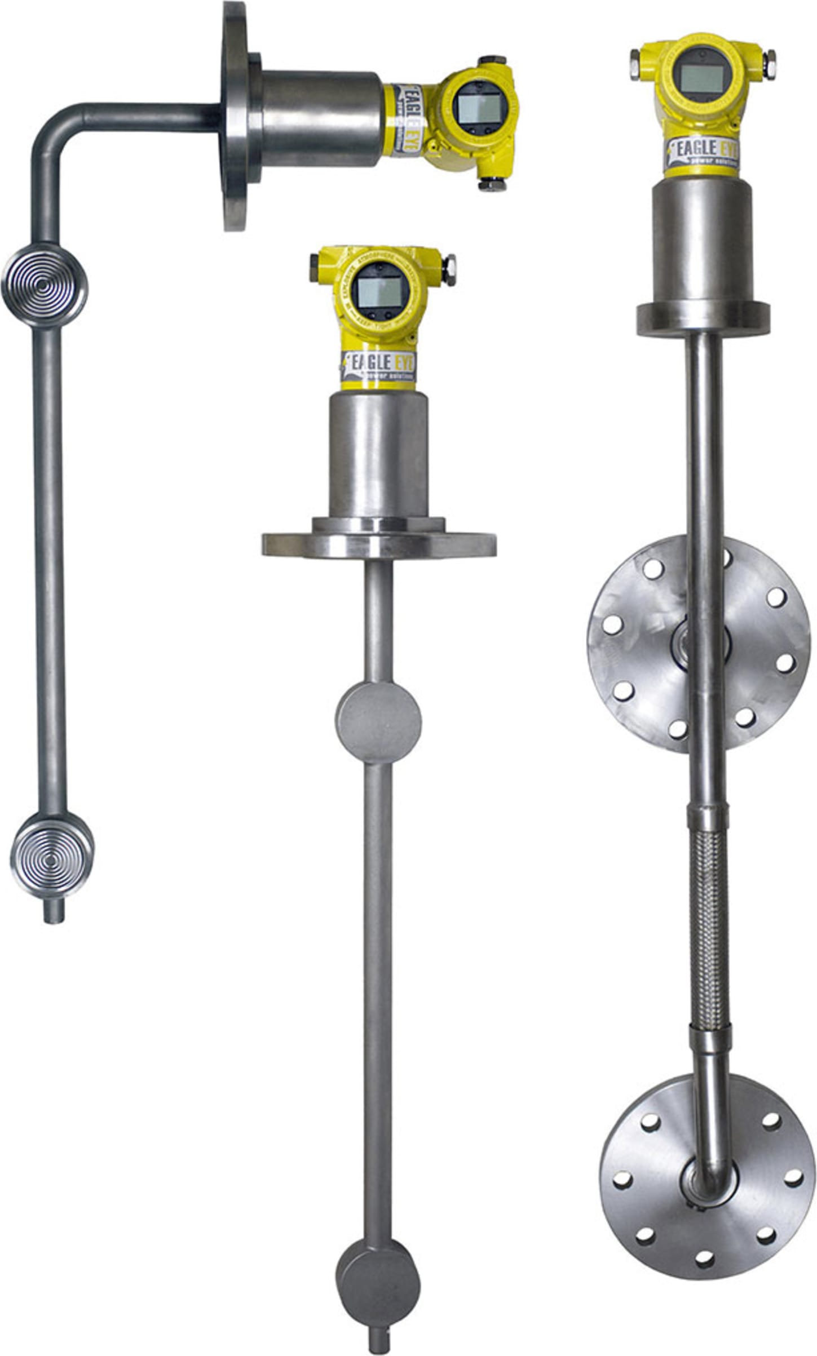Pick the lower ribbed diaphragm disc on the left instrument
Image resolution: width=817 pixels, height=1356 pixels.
[51, 858]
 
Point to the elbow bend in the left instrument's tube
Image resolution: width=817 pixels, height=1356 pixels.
[54, 133]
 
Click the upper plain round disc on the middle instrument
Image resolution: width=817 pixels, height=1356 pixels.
[378, 723]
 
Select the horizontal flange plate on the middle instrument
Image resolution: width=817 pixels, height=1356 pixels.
[379, 544]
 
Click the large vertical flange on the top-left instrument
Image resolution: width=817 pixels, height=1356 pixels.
[234, 116]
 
